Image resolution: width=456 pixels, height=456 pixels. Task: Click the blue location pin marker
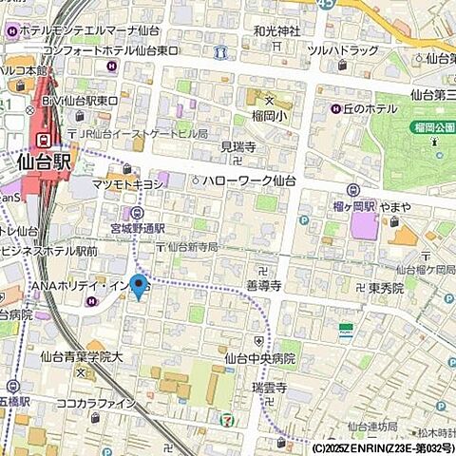click(x=139, y=284)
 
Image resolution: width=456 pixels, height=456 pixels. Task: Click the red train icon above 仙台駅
click(x=45, y=140)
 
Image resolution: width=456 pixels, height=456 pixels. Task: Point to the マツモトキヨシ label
click(x=130, y=183)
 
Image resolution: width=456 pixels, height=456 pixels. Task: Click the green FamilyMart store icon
click(x=347, y=331)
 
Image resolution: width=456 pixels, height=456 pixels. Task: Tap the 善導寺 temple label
click(x=266, y=284)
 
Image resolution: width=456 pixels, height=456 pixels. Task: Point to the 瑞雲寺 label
click(x=269, y=389)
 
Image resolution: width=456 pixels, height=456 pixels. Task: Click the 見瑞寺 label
click(x=237, y=147)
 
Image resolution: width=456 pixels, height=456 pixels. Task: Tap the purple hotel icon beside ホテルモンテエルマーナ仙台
click(x=10, y=31)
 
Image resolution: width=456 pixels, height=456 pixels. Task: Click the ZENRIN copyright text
click(x=380, y=446)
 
